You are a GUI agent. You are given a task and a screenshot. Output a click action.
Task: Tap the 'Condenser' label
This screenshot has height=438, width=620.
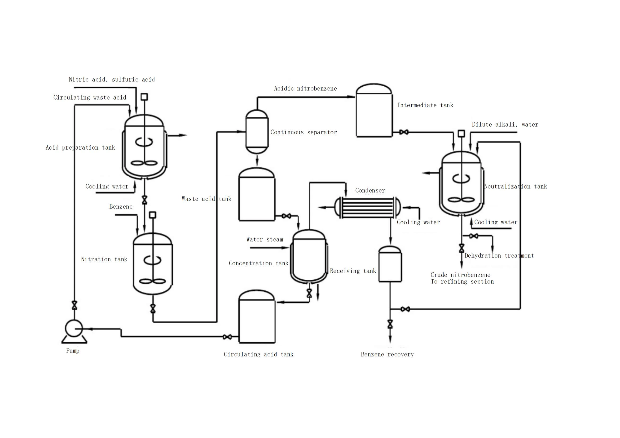[370, 190]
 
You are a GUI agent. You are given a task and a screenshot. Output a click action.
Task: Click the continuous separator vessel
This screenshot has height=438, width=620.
[257, 132]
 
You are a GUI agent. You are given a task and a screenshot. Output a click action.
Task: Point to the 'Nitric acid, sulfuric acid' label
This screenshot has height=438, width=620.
[112, 79]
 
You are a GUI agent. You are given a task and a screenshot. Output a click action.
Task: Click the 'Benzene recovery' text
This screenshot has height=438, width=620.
[387, 354]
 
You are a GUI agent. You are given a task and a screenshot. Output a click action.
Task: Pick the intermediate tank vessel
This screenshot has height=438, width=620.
[374, 110]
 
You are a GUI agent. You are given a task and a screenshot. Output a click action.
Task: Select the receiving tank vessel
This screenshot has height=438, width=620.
[390, 264]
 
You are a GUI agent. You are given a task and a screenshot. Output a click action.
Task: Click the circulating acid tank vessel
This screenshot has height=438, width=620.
[257, 316]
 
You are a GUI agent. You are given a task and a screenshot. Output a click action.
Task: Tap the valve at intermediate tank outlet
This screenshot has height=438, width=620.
[404, 132]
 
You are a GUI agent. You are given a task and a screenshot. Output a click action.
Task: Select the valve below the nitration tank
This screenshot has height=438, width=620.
[153, 309]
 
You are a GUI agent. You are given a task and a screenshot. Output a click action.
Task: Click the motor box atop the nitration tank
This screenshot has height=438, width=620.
[153, 215]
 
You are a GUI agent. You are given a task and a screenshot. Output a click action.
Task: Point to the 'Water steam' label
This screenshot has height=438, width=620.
[265, 239]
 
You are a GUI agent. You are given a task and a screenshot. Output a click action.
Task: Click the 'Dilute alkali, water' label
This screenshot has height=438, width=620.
[505, 125]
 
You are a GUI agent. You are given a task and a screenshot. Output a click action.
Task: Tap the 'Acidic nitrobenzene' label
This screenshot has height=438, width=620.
[305, 88]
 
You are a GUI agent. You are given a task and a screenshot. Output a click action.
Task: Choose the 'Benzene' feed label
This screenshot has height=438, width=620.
[121, 207]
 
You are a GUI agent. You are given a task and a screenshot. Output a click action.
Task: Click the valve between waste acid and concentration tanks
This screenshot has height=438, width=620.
[286, 216]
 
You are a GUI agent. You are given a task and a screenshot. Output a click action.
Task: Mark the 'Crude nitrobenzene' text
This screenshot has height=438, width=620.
[460, 275]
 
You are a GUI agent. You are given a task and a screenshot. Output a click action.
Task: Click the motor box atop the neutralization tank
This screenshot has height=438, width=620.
[461, 133]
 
